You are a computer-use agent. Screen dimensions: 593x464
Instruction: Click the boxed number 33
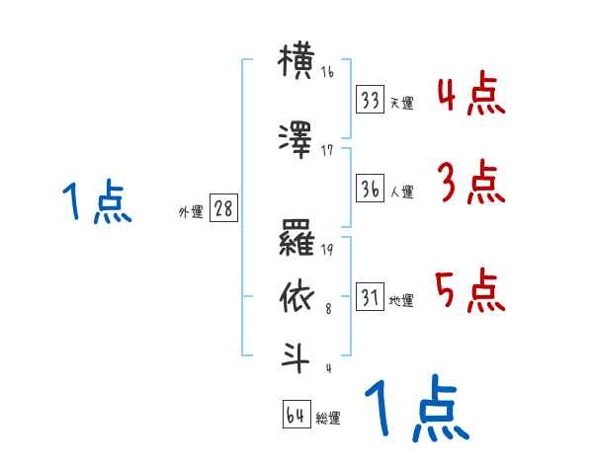(x=371, y=100)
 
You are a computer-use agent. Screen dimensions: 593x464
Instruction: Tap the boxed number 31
(x=371, y=297)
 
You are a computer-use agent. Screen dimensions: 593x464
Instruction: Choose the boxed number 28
(x=223, y=210)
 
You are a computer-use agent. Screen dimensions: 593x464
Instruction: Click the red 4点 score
(x=470, y=95)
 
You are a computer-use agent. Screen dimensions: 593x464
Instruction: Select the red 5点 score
(x=470, y=290)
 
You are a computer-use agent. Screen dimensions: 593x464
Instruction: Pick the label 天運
(x=401, y=103)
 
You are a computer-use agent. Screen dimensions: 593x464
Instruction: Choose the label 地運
(x=401, y=300)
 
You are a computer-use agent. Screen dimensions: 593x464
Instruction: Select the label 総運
(x=328, y=418)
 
